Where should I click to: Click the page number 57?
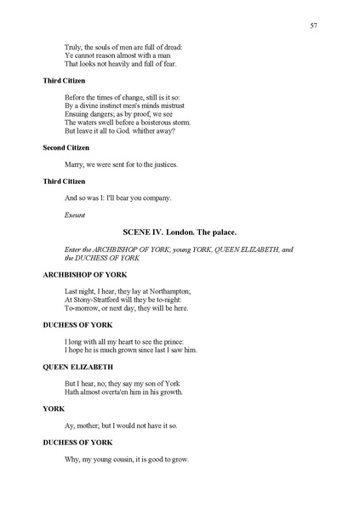tap(314, 26)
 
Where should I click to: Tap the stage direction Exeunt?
tap(74, 215)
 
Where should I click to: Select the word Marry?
tap(75, 165)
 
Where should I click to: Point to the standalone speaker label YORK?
tap(53, 409)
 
